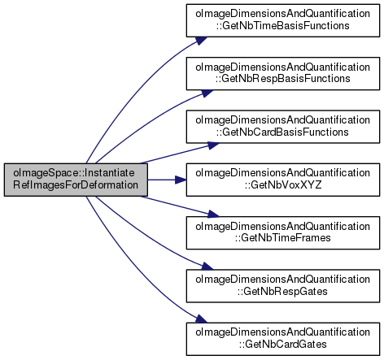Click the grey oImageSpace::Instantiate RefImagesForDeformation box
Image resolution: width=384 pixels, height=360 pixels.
[76, 180]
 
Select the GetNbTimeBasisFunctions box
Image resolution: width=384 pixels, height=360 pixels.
[283, 20]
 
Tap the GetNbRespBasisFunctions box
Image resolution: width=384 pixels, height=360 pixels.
[283, 74]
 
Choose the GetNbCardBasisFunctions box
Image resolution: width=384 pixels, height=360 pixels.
[283, 127]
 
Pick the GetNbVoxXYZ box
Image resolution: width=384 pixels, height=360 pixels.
[283, 180]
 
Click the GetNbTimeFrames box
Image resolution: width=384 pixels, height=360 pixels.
[283, 233]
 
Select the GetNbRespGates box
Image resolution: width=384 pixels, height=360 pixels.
[283, 286]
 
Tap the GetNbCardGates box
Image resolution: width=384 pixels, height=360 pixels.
[283, 339]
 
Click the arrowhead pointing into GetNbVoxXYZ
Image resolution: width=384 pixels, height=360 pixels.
[181, 180]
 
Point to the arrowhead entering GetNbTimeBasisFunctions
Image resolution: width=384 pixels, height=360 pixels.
[201, 41]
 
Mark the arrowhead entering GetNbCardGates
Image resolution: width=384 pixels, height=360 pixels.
[201, 319]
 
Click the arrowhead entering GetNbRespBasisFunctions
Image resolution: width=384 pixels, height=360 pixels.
[207, 93]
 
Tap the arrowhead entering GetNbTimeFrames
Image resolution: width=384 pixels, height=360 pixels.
[213, 215]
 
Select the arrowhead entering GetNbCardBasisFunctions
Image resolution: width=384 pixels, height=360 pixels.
[213, 145]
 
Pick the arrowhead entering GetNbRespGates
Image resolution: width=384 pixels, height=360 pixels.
[207, 267]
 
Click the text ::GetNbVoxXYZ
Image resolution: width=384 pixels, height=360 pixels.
[283, 185]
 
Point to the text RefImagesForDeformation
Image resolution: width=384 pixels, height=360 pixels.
[76, 185]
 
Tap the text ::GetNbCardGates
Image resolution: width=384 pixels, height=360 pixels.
[283, 345]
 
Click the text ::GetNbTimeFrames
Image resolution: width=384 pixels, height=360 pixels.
[283, 238]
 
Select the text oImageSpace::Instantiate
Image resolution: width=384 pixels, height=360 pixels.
[74, 173]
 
